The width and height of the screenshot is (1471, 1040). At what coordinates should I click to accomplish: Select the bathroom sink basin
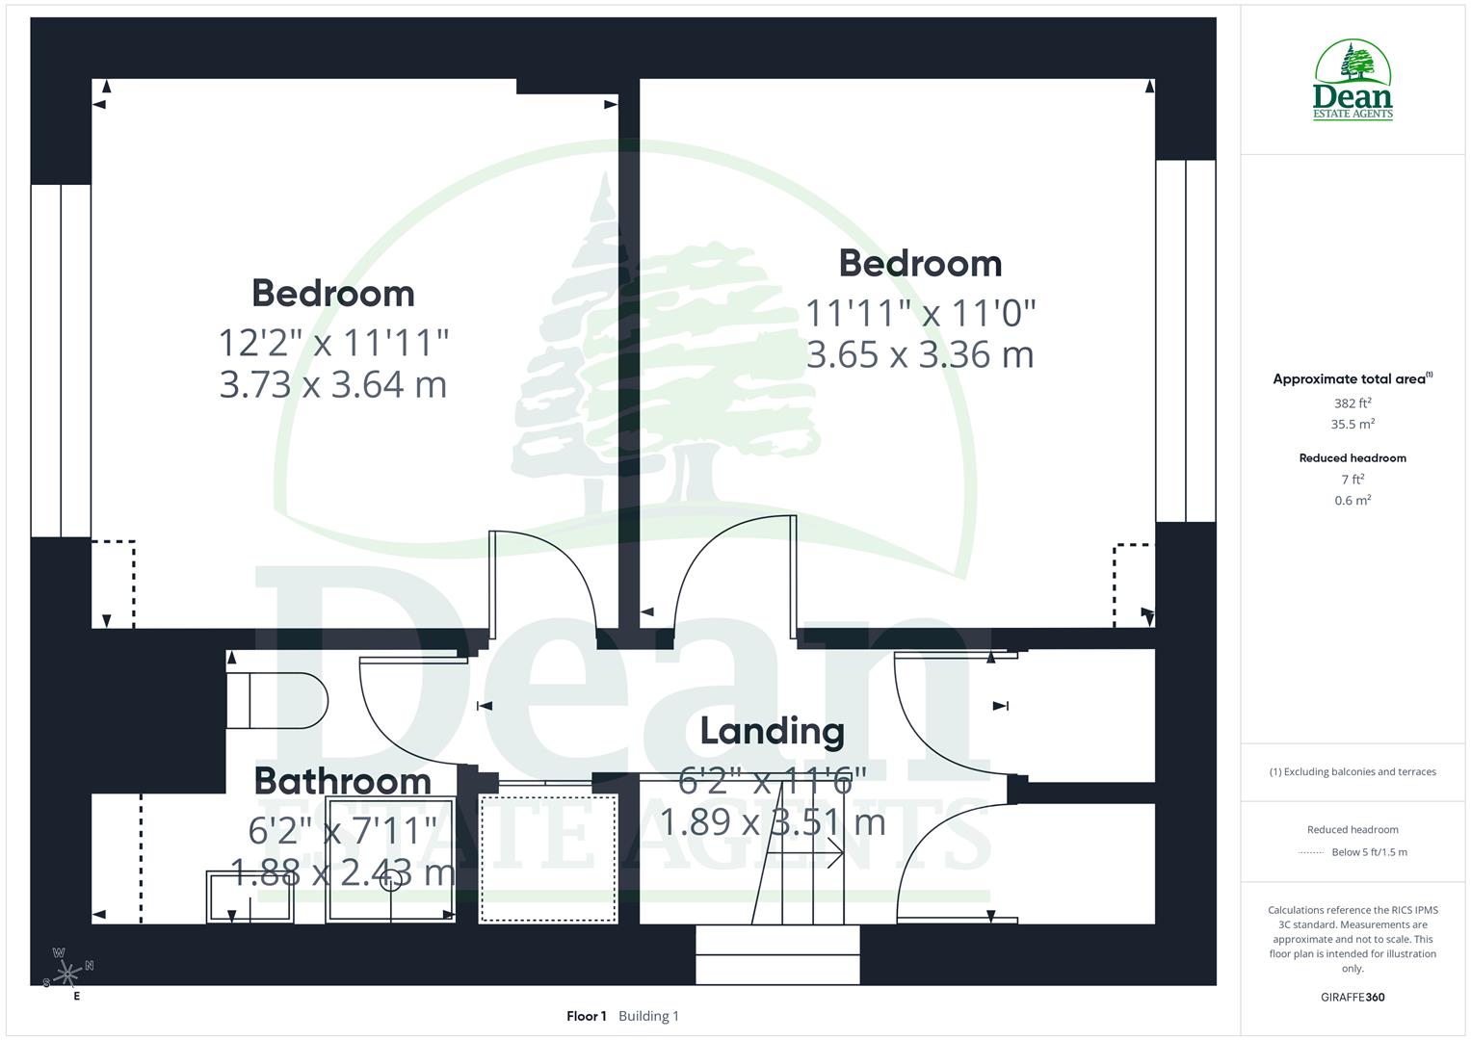point(250,897)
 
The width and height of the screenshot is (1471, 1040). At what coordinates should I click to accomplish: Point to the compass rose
point(67,974)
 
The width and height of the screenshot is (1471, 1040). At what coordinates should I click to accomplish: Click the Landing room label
point(772,731)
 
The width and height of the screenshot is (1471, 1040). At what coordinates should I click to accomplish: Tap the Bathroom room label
point(342,781)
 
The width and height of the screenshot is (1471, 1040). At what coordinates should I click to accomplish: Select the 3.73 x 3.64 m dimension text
point(333,384)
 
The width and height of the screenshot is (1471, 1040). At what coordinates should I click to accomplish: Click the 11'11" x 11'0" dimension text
point(920,313)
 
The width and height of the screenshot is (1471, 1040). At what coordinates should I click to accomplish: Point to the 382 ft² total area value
point(1353,403)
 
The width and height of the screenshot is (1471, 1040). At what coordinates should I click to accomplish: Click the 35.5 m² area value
point(1353,424)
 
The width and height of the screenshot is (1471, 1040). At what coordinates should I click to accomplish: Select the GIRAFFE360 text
point(1353,997)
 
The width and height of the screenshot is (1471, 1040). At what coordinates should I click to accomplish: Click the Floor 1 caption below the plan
point(586,1016)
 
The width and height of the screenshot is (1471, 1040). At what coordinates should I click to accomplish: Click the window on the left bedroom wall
point(61,360)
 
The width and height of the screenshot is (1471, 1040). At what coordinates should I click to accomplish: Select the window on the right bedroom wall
point(1186,341)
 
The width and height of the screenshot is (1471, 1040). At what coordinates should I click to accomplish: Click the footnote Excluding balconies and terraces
point(1353,771)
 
